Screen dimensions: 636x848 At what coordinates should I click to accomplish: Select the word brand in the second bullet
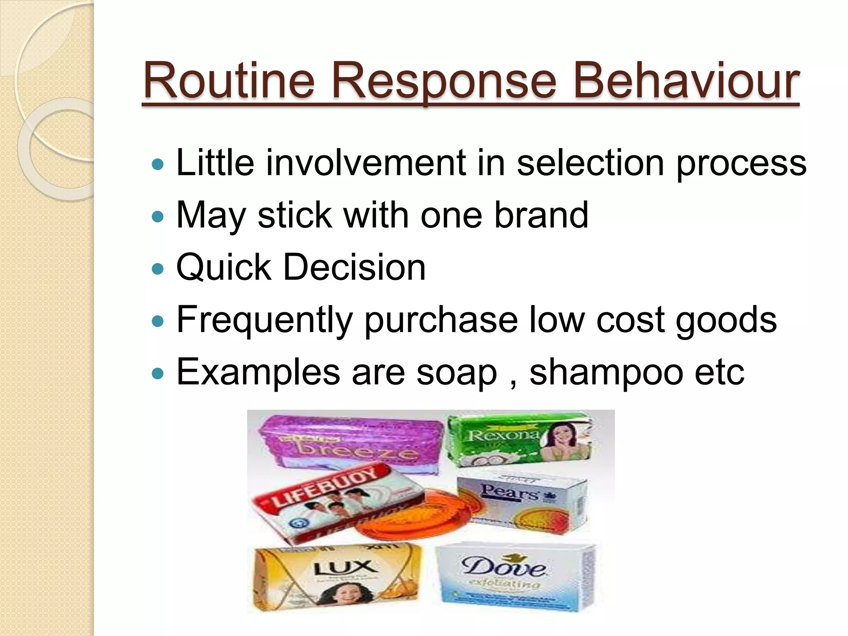point(541,215)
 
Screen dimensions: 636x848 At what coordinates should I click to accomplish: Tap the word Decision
point(354,267)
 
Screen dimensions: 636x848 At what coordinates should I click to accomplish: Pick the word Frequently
point(265,320)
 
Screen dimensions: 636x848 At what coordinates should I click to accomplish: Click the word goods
point(726,320)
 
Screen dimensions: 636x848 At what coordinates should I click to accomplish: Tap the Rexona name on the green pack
point(503,435)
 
